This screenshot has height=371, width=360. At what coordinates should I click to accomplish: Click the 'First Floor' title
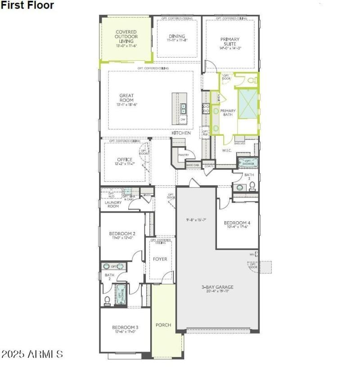(x=27, y=5)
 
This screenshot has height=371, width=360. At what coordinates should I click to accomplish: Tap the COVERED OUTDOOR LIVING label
(x=126, y=36)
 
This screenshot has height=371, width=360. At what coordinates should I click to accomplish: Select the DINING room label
(x=177, y=36)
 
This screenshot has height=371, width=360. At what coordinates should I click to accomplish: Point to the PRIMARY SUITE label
(x=230, y=42)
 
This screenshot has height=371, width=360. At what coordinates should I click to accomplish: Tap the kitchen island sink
(x=184, y=107)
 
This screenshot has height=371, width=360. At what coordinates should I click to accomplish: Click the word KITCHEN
(x=181, y=133)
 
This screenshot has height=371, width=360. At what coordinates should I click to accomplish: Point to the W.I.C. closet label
(x=226, y=150)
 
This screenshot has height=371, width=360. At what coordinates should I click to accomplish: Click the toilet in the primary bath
(x=252, y=80)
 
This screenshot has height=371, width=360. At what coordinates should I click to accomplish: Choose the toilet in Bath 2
(x=108, y=300)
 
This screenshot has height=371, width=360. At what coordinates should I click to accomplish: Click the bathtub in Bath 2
(x=121, y=295)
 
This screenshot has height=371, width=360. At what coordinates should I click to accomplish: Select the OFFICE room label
(x=125, y=160)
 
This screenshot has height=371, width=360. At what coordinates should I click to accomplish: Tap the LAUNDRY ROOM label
(x=113, y=204)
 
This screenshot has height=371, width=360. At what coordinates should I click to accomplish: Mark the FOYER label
(x=160, y=259)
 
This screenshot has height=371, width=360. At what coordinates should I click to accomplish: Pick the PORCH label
(x=163, y=325)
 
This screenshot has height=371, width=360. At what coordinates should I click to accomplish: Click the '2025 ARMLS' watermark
(x=32, y=354)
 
